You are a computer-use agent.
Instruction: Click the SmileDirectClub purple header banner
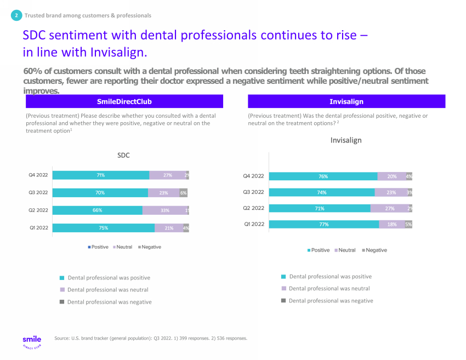pos(124,101)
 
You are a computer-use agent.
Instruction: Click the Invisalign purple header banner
pos(346,101)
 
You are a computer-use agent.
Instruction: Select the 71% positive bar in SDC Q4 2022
pos(101,175)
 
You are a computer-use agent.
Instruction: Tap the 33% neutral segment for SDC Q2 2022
pos(164,210)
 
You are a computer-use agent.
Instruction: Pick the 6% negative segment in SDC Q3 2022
pos(184,193)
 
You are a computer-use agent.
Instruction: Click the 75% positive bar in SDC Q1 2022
pos(104,228)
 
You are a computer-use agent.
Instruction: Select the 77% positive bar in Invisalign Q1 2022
pos(324,224)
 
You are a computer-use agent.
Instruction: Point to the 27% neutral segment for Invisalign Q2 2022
pos(389,208)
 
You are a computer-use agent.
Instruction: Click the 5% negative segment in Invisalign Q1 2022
pos(408,224)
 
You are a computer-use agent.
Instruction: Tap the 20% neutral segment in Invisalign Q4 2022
pos(391,176)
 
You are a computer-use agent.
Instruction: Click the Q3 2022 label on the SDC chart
pos(38,193)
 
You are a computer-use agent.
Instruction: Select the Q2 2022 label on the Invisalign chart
pos(253,208)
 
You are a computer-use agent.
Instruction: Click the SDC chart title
pos(124,156)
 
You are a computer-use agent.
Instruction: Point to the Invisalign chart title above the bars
pos(345,140)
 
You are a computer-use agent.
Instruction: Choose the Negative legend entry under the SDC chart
pos(149,247)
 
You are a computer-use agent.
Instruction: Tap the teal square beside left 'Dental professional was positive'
pos(62,278)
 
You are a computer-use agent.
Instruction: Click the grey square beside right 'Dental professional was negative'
pos(283,300)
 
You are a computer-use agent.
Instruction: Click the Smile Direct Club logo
pos(32,342)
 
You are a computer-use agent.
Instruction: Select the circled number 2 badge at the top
pos(16,15)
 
